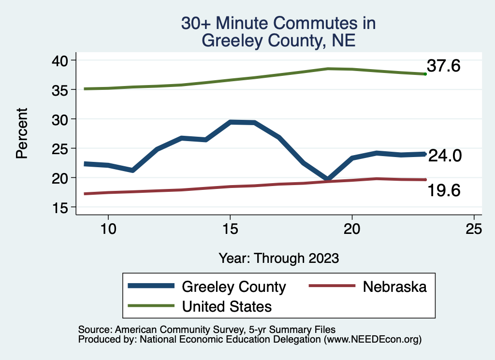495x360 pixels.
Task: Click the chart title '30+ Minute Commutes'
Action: [278, 24]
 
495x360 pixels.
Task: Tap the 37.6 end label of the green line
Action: [443, 66]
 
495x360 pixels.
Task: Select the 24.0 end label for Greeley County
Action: [445, 156]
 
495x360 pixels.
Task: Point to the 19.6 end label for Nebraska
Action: [443, 191]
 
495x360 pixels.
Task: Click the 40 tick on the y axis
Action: [61, 60]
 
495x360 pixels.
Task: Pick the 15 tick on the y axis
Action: [61, 207]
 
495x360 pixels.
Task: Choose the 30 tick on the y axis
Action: [61, 119]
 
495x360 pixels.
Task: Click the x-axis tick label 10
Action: [108, 229]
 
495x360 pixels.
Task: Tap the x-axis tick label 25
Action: [474, 229]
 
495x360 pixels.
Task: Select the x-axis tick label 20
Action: [352, 229]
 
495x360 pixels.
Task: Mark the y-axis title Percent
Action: [21, 133]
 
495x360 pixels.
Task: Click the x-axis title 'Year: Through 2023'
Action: [278, 258]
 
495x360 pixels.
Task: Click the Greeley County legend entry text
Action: [233, 287]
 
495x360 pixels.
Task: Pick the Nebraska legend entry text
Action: [394, 287]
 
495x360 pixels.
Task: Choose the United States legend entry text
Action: [227, 306]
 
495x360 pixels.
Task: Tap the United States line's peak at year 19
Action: [328, 69]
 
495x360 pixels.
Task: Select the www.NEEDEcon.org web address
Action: [372, 340]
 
